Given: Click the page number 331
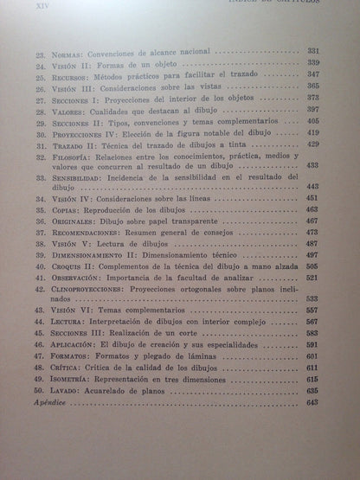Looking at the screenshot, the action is [x=313, y=52].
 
